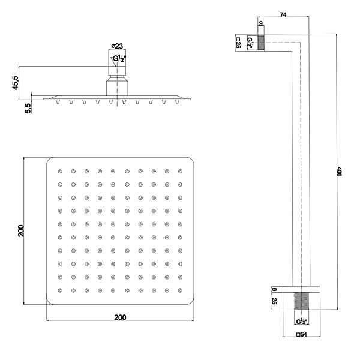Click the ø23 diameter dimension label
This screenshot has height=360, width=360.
(117, 46)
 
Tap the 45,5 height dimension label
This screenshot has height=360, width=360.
(16, 83)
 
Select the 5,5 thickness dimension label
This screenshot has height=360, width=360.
(28, 108)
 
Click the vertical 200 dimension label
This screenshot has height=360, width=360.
(21, 231)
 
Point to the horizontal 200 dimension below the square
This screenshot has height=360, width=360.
(121, 317)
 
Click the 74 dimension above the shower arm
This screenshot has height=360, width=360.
(283, 14)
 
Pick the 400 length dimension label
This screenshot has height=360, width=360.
(340, 172)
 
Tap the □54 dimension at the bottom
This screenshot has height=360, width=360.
(301, 334)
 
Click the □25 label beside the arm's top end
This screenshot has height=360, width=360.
(238, 43)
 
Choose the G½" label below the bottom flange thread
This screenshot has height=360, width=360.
(302, 322)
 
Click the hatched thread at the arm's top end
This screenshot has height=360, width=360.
(261, 43)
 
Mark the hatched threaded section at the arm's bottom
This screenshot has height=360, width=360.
(301, 301)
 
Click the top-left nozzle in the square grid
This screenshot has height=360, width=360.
(60, 171)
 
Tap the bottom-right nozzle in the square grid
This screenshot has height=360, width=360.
(180, 290)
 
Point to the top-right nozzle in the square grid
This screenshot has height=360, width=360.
(180, 171)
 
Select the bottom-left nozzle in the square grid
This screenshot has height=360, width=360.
(60, 290)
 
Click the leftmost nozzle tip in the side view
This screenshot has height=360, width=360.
(58, 102)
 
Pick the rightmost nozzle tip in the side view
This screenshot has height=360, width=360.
(177, 102)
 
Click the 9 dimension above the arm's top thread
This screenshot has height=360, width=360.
(261, 23)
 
